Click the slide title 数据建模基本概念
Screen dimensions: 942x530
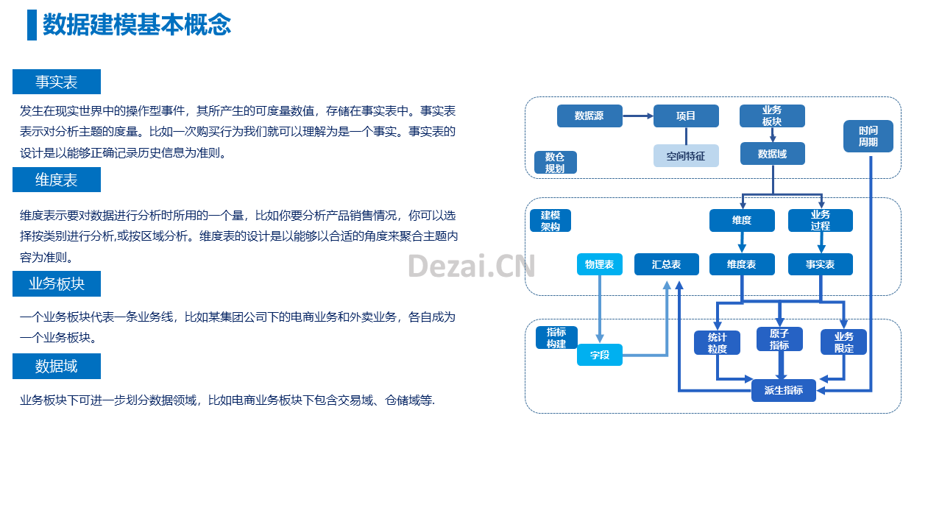click(x=137, y=24)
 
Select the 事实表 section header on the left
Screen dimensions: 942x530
click(x=57, y=82)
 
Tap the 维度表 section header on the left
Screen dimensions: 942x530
click(x=57, y=180)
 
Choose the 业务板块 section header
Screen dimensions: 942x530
click(x=57, y=283)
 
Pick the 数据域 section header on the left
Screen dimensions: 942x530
click(x=57, y=366)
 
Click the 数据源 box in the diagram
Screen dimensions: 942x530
click(x=589, y=116)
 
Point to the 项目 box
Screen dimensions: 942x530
click(x=686, y=116)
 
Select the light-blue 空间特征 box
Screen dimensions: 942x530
click(x=686, y=156)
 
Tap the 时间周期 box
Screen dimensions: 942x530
click(x=868, y=136)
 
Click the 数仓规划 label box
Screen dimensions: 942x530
click(x=555, y=163)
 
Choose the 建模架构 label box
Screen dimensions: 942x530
click(x=550, y=220)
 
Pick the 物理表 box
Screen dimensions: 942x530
click(x=599, y=264)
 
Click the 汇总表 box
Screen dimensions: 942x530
click(x=667, y=264)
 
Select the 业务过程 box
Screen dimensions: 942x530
click(x=821, y=220)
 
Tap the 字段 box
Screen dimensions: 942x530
click(x=599, y=355)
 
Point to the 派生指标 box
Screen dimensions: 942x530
click(x=784, y=390)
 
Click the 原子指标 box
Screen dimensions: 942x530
click(x=779, y=339)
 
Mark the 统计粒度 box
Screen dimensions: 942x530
click(x=717, y=343)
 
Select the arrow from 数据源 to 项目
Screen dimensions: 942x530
click(x=638, y=116)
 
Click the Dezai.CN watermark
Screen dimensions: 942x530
click(x=472, y=266)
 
